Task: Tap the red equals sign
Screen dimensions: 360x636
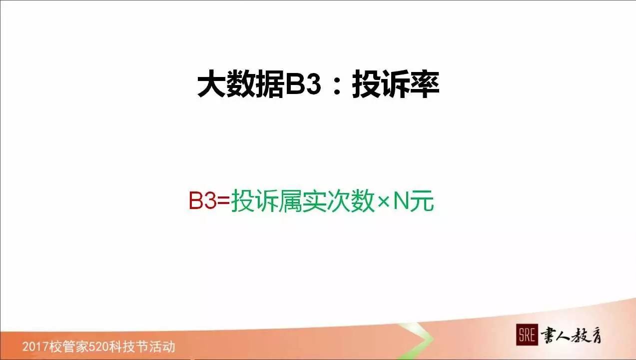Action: pos(224,201)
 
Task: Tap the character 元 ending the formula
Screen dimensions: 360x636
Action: pos(422,201)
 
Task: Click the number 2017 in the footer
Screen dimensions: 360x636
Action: pos(34,346)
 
